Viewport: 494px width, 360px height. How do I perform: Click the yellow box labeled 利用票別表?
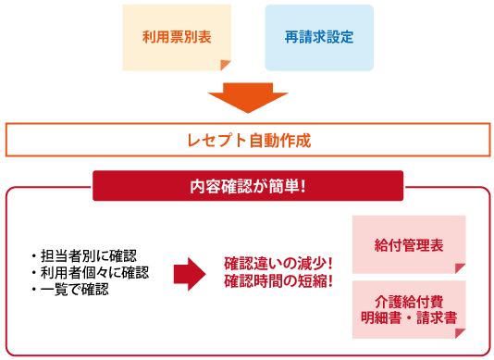(x=177, y=38)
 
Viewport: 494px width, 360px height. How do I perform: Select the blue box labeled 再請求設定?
(x=319, y=38)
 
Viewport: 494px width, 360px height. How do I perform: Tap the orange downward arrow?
(x=247, y=96)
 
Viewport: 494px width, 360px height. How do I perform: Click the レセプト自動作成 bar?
(x=247, y=141)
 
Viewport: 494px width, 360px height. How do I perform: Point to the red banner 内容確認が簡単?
(x=248, y=186)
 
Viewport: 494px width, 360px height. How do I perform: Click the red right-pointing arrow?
(x=191, y=272)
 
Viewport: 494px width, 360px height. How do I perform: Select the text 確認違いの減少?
(x=278, y=263)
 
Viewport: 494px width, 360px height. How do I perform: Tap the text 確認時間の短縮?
(x=278, y=280)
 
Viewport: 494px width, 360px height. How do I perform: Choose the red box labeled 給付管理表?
(x=409, y=244)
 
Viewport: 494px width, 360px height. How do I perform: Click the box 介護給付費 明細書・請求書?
(x=409, y=309)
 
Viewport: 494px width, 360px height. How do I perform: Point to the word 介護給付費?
(x=409, y=301)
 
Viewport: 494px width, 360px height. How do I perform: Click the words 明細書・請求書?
(x=409, y=318)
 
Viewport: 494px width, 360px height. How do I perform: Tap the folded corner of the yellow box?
(x=224, y=64)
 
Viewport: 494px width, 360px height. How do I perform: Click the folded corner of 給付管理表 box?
(x=459, y=268)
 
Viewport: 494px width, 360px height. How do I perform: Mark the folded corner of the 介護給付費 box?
(x=459, y=330)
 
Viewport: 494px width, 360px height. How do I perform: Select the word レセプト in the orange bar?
(x=216, y=141)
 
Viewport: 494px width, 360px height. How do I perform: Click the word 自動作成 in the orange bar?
(x=278, y=141)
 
